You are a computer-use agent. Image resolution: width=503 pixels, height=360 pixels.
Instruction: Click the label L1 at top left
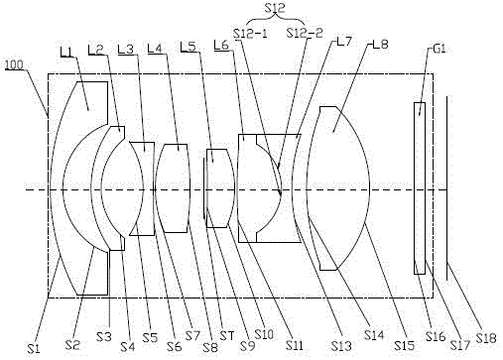tap(66, 52)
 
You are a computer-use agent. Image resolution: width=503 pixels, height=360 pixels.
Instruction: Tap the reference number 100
tap(14, 64)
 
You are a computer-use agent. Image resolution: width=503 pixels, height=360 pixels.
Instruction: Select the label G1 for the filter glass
tap(440, 50)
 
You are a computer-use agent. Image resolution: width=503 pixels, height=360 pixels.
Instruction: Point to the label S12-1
tap(251, 34)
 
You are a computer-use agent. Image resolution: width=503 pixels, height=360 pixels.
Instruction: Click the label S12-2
tap(305, 33)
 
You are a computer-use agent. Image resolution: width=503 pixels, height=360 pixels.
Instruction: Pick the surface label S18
tap(486, 338)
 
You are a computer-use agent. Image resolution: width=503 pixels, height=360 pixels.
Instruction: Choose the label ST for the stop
tap(227, 336)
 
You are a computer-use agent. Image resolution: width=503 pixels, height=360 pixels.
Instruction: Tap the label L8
tap(380, 44)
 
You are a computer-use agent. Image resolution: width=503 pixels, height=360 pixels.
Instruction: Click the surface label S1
tap(33, 348)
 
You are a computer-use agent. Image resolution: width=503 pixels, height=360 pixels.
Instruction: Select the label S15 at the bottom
tap(405, 345)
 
